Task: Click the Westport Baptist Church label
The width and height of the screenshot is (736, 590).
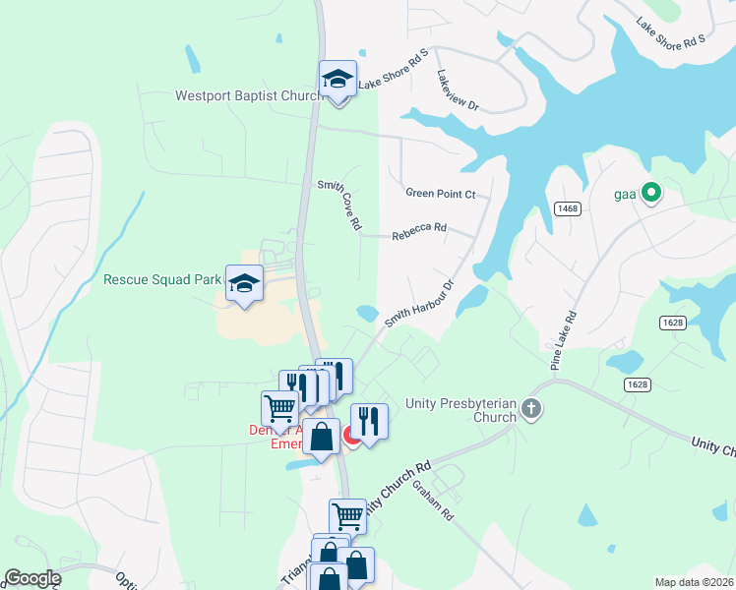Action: click(x=249, y=96)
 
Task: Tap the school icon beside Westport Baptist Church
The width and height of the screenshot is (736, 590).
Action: click(x=337, y=80)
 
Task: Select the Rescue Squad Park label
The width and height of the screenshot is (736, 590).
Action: click(x=162, y=279)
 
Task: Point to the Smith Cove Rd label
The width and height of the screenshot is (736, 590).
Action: click(x=338, y=205)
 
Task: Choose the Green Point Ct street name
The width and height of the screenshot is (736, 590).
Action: click(x=441, y=194)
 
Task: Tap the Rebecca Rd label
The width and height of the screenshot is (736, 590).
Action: click(x=419, y=233)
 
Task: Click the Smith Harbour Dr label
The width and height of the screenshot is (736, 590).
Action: click(x=418, y=304)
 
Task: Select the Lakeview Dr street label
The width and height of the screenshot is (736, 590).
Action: click(x=458, y=89)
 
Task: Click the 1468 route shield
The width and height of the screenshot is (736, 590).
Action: click(x=567, y=208)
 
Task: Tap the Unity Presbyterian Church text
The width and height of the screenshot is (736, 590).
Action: click(x=460, y=410)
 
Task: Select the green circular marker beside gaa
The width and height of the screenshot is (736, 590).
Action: click(x=649, y=194)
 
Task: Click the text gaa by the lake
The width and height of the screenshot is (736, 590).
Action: click(x=626, y=194)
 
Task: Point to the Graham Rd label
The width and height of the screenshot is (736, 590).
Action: click(x=433, y=500)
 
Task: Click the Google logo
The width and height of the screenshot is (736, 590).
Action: click(x=32, y=577)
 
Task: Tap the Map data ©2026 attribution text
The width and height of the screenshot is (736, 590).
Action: click(x=694, y=582)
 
